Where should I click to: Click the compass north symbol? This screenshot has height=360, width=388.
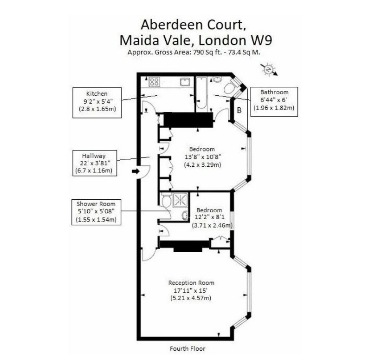[x=269, y=70]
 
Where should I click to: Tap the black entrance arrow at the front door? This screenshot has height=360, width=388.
[x=136, y=171]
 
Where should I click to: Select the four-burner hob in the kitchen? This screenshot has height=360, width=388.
[x=154, y=82]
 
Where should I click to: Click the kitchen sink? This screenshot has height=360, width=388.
[x=185, y=82]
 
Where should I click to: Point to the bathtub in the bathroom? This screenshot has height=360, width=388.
[x=201, y=93]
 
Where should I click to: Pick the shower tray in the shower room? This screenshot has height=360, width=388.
[x=181, y=200]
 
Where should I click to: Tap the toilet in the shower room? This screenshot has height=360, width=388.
[x=166, y=200]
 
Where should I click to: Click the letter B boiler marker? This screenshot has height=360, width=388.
[x=239, y=110]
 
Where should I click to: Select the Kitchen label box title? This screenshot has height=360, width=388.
[x=97, y=94]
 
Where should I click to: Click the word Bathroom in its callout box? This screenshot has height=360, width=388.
[x=274, y=92]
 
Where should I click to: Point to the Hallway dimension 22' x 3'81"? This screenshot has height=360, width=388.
[x=95, y=163]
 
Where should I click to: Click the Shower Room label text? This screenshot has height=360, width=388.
[x=96, y=204]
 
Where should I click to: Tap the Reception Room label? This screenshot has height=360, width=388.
[x=191, y=283]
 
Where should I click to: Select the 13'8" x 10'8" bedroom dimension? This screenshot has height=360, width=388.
[x=203, y=157]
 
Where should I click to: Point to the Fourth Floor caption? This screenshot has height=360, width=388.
[x=188, y=348]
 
